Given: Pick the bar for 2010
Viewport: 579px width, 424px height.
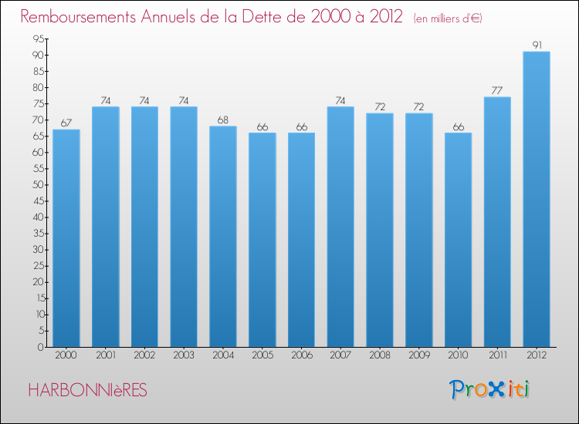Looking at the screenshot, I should tap(458, 239).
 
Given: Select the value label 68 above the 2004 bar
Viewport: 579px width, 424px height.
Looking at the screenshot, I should tap(223, 120).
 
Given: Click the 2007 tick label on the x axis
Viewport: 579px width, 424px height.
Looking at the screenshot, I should tap(340, 356).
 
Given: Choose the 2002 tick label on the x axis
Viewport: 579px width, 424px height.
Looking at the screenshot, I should tap(144, 356).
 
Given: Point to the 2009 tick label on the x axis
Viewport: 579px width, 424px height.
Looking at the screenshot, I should tap(418, 356).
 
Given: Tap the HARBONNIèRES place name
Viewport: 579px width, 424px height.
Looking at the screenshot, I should tap(86, 390).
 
